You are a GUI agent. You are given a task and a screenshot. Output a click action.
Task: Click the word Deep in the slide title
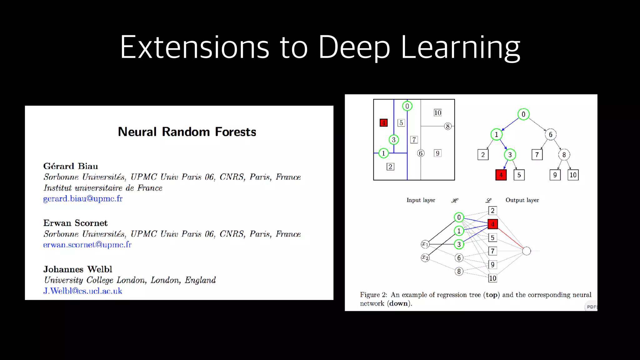point(354,47)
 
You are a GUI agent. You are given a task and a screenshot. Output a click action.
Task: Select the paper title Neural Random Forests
point(187,132)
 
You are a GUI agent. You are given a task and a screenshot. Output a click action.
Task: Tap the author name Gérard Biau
point(71,166)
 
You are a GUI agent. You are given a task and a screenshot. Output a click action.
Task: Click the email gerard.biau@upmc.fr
point(83,199)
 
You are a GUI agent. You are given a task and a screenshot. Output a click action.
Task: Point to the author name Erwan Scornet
point(75,223)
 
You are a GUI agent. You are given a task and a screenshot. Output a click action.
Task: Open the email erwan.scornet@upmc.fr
point(87,245)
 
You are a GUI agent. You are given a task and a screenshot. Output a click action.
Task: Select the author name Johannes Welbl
point(77,269)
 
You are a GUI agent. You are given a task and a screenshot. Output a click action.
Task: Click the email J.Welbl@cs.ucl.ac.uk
point(82,291)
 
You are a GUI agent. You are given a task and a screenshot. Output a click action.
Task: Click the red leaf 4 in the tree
point(501,175)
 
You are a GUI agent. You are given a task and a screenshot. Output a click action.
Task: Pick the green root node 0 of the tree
point(523,114)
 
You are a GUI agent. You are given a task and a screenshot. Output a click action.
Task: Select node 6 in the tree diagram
point(551,135)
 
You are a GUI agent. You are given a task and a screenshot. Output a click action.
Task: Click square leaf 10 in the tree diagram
point(573,175)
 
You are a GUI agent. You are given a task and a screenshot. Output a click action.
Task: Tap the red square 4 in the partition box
point(383,123)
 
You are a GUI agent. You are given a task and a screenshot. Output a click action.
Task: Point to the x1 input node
point(425,244)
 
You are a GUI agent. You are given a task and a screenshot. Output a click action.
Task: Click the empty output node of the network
point(527,251)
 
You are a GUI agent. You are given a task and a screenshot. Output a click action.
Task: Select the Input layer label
point(421,200)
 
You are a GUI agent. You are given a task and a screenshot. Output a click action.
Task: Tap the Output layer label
point(522,200)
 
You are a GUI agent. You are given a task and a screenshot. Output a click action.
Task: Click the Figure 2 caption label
point(373,295)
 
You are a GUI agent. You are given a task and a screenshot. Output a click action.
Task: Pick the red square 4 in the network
point(492,224)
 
